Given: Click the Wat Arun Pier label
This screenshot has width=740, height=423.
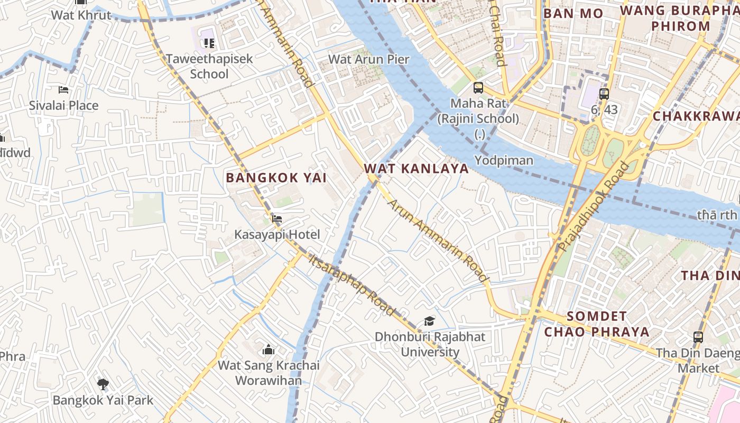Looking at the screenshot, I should tap(369, 59).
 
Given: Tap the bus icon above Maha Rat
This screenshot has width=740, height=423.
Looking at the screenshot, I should tap(478, 88).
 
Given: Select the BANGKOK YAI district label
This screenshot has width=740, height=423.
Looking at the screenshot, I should tap(276, 178).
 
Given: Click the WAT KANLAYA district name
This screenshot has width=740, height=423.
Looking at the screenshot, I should tap(417, 169).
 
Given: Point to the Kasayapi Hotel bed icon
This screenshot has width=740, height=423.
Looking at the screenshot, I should tap(277, 218).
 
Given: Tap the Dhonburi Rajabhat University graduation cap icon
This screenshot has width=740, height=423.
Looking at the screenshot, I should tap(429, 321).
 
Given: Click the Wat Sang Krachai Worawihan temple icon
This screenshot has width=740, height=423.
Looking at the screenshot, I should tap(269, 350).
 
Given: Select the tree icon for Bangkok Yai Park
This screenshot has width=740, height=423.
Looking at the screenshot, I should tap(103, 384).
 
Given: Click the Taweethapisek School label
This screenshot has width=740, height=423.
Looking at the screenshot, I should tap(209, 66).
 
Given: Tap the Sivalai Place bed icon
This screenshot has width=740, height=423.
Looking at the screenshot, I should tap(63, 89).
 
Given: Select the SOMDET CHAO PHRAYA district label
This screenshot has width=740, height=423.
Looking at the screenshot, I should tap(597, 324).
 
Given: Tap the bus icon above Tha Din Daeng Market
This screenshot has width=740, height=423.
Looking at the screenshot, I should tap(698, 337).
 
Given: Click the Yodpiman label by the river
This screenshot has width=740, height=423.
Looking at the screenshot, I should tap(504, 160).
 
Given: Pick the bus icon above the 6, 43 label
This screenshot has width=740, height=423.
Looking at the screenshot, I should tap(604, 94).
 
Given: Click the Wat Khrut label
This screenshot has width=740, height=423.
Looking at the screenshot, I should tap(81, 15).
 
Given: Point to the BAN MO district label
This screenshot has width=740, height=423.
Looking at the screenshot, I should tap(573, 13).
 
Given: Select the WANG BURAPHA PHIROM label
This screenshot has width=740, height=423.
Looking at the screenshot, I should tap(680, 18).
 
